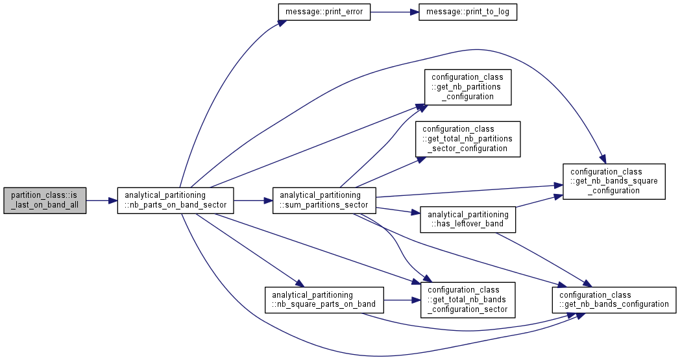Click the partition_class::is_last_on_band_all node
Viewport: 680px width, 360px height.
45,200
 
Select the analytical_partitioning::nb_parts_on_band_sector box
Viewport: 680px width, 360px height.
176,200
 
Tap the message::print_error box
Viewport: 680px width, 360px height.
324,12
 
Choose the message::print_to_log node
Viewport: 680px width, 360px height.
467,12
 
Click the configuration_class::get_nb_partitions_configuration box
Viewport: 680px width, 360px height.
467,87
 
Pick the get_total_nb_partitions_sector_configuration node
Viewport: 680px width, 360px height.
467,139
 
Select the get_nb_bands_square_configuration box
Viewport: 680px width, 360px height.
614,182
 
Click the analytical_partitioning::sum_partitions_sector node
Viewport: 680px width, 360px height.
324,200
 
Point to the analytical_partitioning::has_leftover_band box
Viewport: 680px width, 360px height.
467,219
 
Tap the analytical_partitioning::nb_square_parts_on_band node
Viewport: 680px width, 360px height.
324,300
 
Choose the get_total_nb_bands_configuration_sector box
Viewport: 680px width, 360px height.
467,300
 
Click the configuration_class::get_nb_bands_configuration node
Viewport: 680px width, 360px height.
614,300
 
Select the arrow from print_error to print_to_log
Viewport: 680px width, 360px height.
395,12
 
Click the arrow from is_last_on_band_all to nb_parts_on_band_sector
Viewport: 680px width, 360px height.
101,200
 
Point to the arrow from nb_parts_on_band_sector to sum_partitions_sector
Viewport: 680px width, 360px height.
253,200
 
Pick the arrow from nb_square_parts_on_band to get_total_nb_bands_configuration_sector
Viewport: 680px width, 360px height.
402,300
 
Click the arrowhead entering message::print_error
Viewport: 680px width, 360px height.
282,21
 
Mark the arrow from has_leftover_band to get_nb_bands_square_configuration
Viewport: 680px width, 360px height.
539,201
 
